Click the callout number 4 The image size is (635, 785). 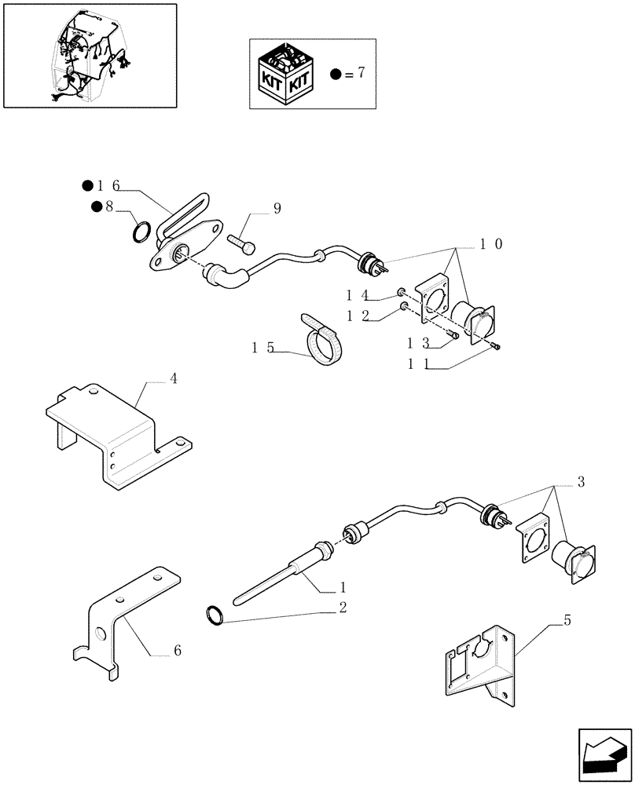click(173, 378)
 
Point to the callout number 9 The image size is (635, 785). click(277, 208)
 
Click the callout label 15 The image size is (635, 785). click(262, 347)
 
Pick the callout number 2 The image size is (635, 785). click(343, 606)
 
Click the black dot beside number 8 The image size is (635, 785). click(96, 206)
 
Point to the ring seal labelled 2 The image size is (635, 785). click(215, 616)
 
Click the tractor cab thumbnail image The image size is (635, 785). click(89, 57)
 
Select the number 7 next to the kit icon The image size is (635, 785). click(360, 74)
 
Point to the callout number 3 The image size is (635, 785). click(581, 481)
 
